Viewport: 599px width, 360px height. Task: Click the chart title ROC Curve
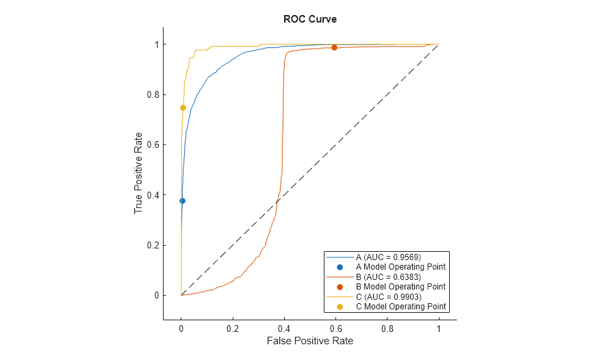[309, 19]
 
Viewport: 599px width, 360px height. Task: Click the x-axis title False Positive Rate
[309, 340]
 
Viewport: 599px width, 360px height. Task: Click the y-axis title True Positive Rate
[138, 172]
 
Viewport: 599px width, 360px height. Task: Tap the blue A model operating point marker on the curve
[182, 201]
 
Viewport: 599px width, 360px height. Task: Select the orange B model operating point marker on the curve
[334, 47]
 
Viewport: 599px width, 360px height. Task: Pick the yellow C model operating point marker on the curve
[183, 107]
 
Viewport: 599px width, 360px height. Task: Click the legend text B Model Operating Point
[400, 287]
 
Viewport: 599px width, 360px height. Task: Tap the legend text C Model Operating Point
[400, 307]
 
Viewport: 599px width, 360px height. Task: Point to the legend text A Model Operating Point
[400, 266]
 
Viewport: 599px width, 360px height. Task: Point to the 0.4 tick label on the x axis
[284, 328]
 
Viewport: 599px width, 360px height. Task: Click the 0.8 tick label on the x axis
[387, 328]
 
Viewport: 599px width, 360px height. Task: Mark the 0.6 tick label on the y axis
[151, 144]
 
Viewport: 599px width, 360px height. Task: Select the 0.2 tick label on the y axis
[151, 245]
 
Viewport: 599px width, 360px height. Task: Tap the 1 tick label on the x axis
[438, 328]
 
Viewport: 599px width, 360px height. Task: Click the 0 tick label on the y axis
[155, 296]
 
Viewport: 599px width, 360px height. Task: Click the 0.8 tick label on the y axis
[151, 94]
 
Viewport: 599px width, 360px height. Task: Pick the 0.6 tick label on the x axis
[335, 328]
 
